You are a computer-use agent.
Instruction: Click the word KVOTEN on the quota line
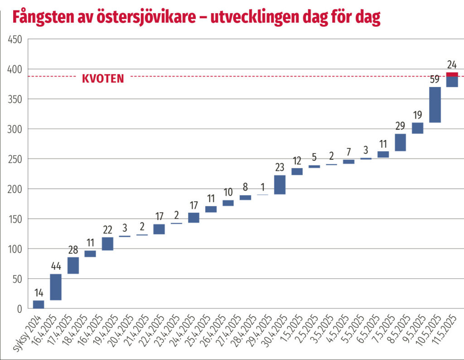point(103,78)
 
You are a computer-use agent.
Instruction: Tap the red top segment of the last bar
point(452,74)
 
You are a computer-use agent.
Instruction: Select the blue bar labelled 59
point(435,105)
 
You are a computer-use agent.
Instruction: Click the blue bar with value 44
point(56,287)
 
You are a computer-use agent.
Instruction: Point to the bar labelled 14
point(39,304)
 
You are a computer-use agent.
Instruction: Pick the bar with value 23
point(280,185)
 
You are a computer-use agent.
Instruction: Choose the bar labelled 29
point(401,142)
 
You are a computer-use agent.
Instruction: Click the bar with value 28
point(73,265)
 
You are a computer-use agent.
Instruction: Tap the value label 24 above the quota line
point(452,64)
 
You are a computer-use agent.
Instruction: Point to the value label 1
point(263,187)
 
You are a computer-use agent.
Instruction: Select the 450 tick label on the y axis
point(15,39)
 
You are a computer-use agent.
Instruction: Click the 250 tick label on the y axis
point(15,159)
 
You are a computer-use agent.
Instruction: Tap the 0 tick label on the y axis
point(19,309)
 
